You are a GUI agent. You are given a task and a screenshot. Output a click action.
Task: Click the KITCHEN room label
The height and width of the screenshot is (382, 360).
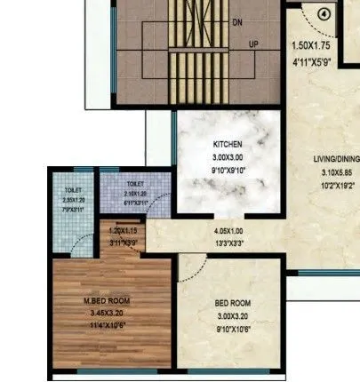(x=228, y=144)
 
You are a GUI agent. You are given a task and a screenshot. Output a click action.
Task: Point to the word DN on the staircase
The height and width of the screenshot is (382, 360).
(x=237, y=20)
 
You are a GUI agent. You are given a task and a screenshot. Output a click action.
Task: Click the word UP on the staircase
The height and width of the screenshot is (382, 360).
(x=254, y=44)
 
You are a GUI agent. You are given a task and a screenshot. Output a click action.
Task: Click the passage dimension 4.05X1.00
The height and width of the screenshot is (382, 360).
(x=228, y=232)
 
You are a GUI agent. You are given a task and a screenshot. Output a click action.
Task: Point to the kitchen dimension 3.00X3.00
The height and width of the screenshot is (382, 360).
(x=228, y=155)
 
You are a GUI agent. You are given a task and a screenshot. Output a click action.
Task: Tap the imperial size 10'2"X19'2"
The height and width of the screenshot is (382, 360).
(x=334, y=186)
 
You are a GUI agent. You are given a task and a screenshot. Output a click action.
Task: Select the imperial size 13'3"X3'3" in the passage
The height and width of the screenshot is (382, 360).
(x=228, y=243)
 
